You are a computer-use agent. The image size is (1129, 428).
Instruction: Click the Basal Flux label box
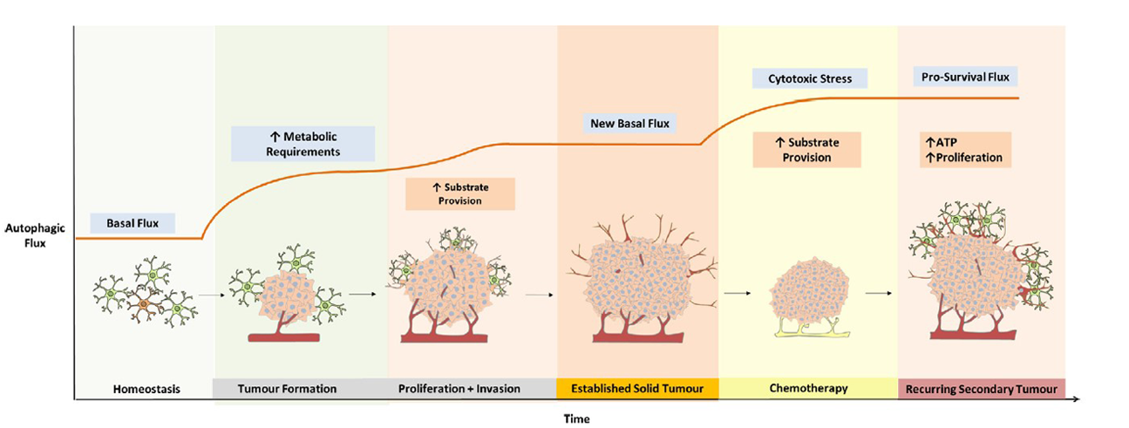click(133, 223)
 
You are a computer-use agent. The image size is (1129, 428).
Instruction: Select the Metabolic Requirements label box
click(303, 144)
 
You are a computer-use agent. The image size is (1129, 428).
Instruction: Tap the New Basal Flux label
click(629, 124)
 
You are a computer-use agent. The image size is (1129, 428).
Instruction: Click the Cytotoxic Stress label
click(810, 78)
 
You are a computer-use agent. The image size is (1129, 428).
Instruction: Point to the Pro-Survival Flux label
click(965, 77)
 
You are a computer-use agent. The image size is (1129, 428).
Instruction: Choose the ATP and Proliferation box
click(965, 150)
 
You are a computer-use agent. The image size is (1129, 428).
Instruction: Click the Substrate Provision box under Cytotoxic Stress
click(807, 150)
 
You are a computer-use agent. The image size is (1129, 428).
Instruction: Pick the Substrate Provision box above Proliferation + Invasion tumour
click(460, 194)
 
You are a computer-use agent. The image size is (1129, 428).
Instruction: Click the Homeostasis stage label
click(146, 389)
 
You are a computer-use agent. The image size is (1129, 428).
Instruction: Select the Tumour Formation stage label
click(287, 389)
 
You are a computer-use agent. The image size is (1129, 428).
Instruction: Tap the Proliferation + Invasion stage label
click(459, 389)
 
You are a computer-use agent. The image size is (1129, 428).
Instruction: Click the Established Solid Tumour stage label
click(637, 388)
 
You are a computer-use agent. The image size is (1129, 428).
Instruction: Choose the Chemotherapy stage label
click(808, 388)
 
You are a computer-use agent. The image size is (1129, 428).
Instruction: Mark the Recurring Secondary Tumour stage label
click(982, 389)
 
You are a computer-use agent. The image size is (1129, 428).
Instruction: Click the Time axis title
click(576, 419)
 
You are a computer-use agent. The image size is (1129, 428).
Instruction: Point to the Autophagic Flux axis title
click(35, 235)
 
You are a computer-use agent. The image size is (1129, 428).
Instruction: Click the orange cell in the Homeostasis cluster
click(144, 304)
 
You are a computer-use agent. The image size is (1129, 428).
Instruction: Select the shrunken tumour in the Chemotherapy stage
click(808, 291)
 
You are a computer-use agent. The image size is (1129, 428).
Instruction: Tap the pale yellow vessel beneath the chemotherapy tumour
click(812, 329)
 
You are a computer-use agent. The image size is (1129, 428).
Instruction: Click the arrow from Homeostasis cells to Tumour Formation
click(212, 295)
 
